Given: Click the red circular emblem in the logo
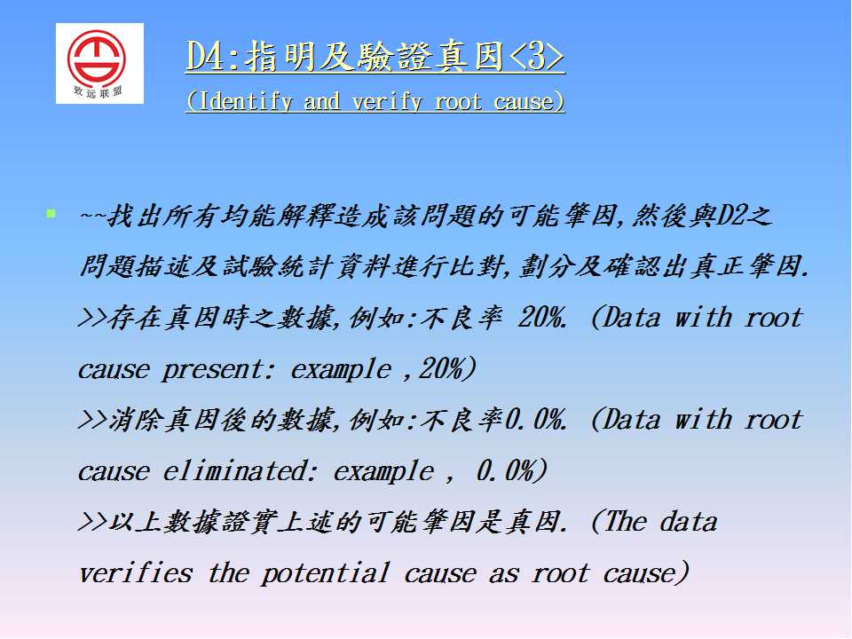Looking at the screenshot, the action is coord(97,57).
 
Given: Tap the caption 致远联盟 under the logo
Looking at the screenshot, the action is coord(99,92).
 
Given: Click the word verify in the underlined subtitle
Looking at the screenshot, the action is coord(386,101).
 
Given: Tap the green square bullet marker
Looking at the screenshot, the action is coord(51,213).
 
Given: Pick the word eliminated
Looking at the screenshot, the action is coord(234,470).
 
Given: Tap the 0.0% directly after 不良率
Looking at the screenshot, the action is coord(535,420).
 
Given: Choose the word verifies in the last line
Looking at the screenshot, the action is coord(136,573).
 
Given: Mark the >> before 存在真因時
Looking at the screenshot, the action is coord(93,318).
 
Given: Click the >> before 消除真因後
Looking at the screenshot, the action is coord(93,420).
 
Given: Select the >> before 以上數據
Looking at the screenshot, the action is coord(93,522).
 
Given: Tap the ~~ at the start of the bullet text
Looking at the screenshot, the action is coord(93,215).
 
